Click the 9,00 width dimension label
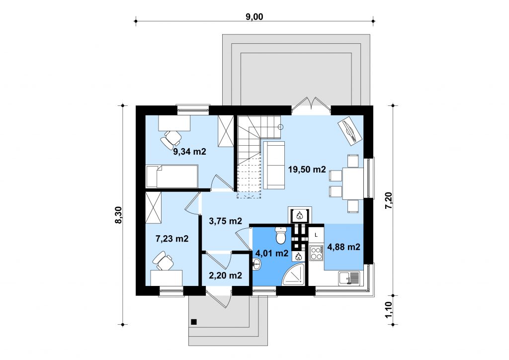pos(254,16)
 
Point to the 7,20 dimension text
pos(389,200)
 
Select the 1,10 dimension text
pos(389,310)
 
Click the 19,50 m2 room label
pos(307,169)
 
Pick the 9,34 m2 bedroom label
pos(189,151)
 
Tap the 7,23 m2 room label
pos(172,239)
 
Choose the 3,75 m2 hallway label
pos(225,221)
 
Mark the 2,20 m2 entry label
pos(225,275)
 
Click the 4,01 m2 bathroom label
pos(272,253)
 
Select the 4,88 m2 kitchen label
pos(344,247)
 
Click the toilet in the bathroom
pos(280,235)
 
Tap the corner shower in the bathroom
pos(293,274)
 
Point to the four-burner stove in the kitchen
pos(316,253)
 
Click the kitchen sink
pos(349,278)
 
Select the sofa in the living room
pos(274,165)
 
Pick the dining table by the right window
pos(352,183)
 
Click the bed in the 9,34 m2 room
pos(171,176)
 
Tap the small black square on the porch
pos(194,322)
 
